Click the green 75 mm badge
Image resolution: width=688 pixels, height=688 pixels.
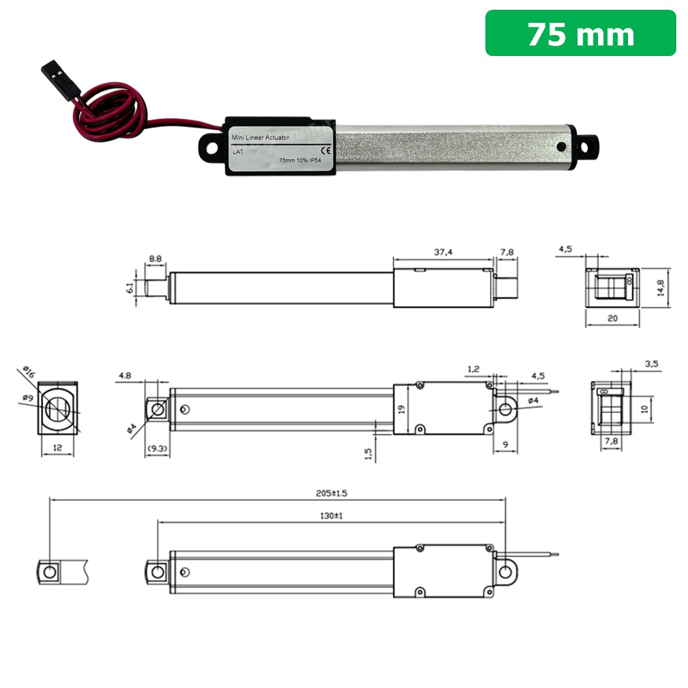click(x=580, y=33)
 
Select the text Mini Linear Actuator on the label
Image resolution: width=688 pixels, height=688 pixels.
click(x=261, y=137)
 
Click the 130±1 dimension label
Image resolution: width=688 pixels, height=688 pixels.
click(x=331, y=515)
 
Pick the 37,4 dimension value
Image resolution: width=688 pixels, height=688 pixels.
click(x=444, y=251)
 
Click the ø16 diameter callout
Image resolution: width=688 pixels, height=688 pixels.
click(x=28, y=373)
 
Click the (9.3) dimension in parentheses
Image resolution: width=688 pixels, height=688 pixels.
click(x=157, y=448)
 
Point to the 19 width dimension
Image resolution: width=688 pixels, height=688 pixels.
click(x=402, y=409)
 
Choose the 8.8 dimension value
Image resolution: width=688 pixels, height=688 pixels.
click(x=155, y=259)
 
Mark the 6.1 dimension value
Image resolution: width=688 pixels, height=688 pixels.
click(x=130, y=287)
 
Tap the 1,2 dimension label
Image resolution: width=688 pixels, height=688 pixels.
click(x=474, y=369)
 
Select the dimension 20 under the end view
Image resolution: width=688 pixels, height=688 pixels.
click(x=612, y=319)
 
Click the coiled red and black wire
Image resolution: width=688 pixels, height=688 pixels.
click(x=111, y=111)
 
